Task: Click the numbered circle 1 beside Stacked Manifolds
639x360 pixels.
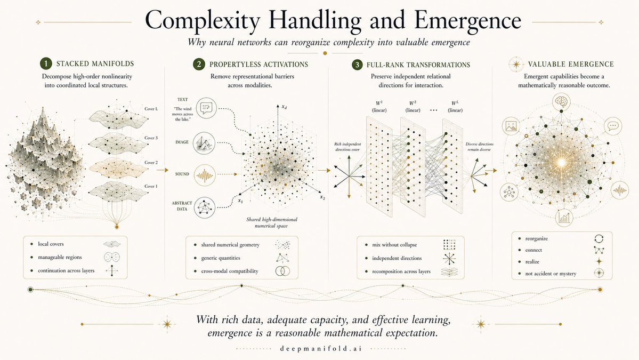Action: pyautogui.click(x=46, y=63)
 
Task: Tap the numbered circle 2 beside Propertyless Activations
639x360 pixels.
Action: pyautogui.click(x=199, y=64)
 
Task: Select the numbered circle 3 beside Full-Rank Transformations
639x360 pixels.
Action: pyautogui.click(x=357, y=65)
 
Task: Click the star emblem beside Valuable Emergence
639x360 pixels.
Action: pyautogui.click(x=516, y=65)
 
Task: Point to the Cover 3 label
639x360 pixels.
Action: pyautogui.click(x=151, y=138)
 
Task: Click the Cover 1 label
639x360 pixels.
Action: pyautogui.click(x=151, y=186)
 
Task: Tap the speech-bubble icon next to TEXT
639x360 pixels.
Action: pyautogui.click(x=206, y=108)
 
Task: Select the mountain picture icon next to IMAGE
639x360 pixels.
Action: pyautogui.click(x=204, y=143)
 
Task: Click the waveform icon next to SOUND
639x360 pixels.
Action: pyautogui.click(x=205, y=175)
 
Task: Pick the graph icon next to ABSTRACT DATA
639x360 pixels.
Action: pyautogui.click(x=205, y=207)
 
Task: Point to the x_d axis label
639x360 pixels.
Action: pyautogui.click(x=284, y=107)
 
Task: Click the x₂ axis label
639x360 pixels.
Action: pyautogui.click(x=322, y=197)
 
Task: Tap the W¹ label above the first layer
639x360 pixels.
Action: pyautogui.click(x=379, y=103)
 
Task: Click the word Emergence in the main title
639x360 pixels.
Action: pyautogui.click(x=468, y=20)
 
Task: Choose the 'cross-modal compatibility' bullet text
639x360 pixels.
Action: pyautogui.click(x=230, y=271)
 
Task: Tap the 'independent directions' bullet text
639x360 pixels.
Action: pyautogui.click(x=397, y=258)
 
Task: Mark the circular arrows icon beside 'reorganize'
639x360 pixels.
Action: pyautogui.click(x=598, y=238)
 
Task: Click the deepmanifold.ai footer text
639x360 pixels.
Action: pyautogui.click(x=321, y=349)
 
